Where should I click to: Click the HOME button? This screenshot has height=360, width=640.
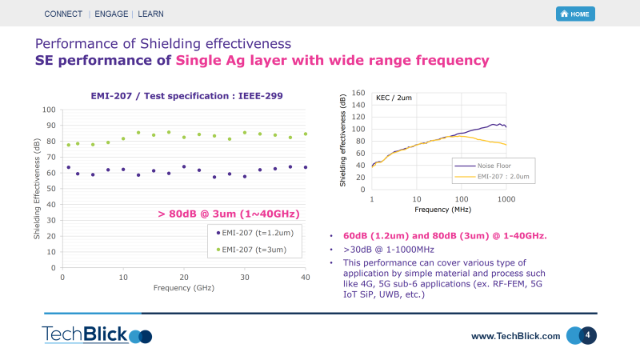pos(575,14)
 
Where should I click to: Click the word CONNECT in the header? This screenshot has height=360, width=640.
pos(63,14)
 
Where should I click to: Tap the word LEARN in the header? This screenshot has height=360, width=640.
pos(152,14)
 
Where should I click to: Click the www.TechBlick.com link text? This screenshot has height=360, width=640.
pos(515,336)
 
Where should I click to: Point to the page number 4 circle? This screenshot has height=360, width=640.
pos(588,335)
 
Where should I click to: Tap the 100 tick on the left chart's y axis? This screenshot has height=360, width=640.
pos(49,110)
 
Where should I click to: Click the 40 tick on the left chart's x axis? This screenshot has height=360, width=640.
pos(305,278)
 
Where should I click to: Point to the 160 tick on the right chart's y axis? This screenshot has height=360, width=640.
pos(358,93)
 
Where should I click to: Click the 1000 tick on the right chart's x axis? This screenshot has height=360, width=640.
pos(506,198)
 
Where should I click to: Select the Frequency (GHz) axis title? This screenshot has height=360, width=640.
pos(183,287)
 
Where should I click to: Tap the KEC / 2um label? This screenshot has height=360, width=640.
pos(394,98)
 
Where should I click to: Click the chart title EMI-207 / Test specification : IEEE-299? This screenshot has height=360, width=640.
pos(186,95)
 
